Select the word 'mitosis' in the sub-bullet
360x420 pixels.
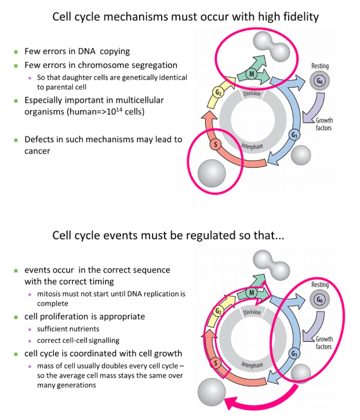[x=48, y=294]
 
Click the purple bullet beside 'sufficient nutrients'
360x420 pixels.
[x=31, y=328]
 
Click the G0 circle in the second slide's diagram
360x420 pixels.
[x=319, y=300]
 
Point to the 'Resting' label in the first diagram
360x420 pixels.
[x=320, y=67]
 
